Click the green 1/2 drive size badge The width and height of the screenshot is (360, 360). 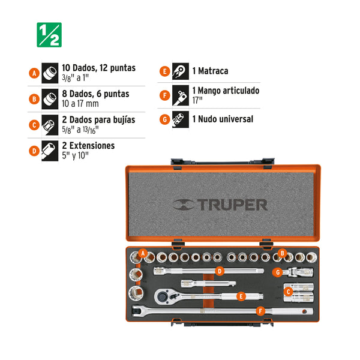[49, 35]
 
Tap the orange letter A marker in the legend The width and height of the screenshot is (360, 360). [34, 73]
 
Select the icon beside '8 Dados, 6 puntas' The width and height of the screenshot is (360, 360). [50, 99]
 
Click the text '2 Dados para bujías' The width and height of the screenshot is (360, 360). [98, 120]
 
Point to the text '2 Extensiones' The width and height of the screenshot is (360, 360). [88, 146]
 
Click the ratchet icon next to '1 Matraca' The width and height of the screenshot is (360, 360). [181, 71]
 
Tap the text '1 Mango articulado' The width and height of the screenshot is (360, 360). [226, 91]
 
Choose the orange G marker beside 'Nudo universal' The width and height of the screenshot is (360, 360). [164, 119]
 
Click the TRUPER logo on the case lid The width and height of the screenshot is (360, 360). [220, 205]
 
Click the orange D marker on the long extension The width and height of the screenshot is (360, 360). [220, 271]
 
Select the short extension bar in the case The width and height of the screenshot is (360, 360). [208, 284]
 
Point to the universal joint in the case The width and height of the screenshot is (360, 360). [297, 272]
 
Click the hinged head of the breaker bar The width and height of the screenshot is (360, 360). [138, 311]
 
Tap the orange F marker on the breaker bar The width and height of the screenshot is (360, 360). [260, 311]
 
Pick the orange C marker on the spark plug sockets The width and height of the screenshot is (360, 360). [289, 292]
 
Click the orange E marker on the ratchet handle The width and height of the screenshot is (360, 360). [241, 296]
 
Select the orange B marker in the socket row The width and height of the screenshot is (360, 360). [283, 253]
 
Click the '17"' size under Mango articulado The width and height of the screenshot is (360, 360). [197, 100]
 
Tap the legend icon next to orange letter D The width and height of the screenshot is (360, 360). [50, 151]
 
